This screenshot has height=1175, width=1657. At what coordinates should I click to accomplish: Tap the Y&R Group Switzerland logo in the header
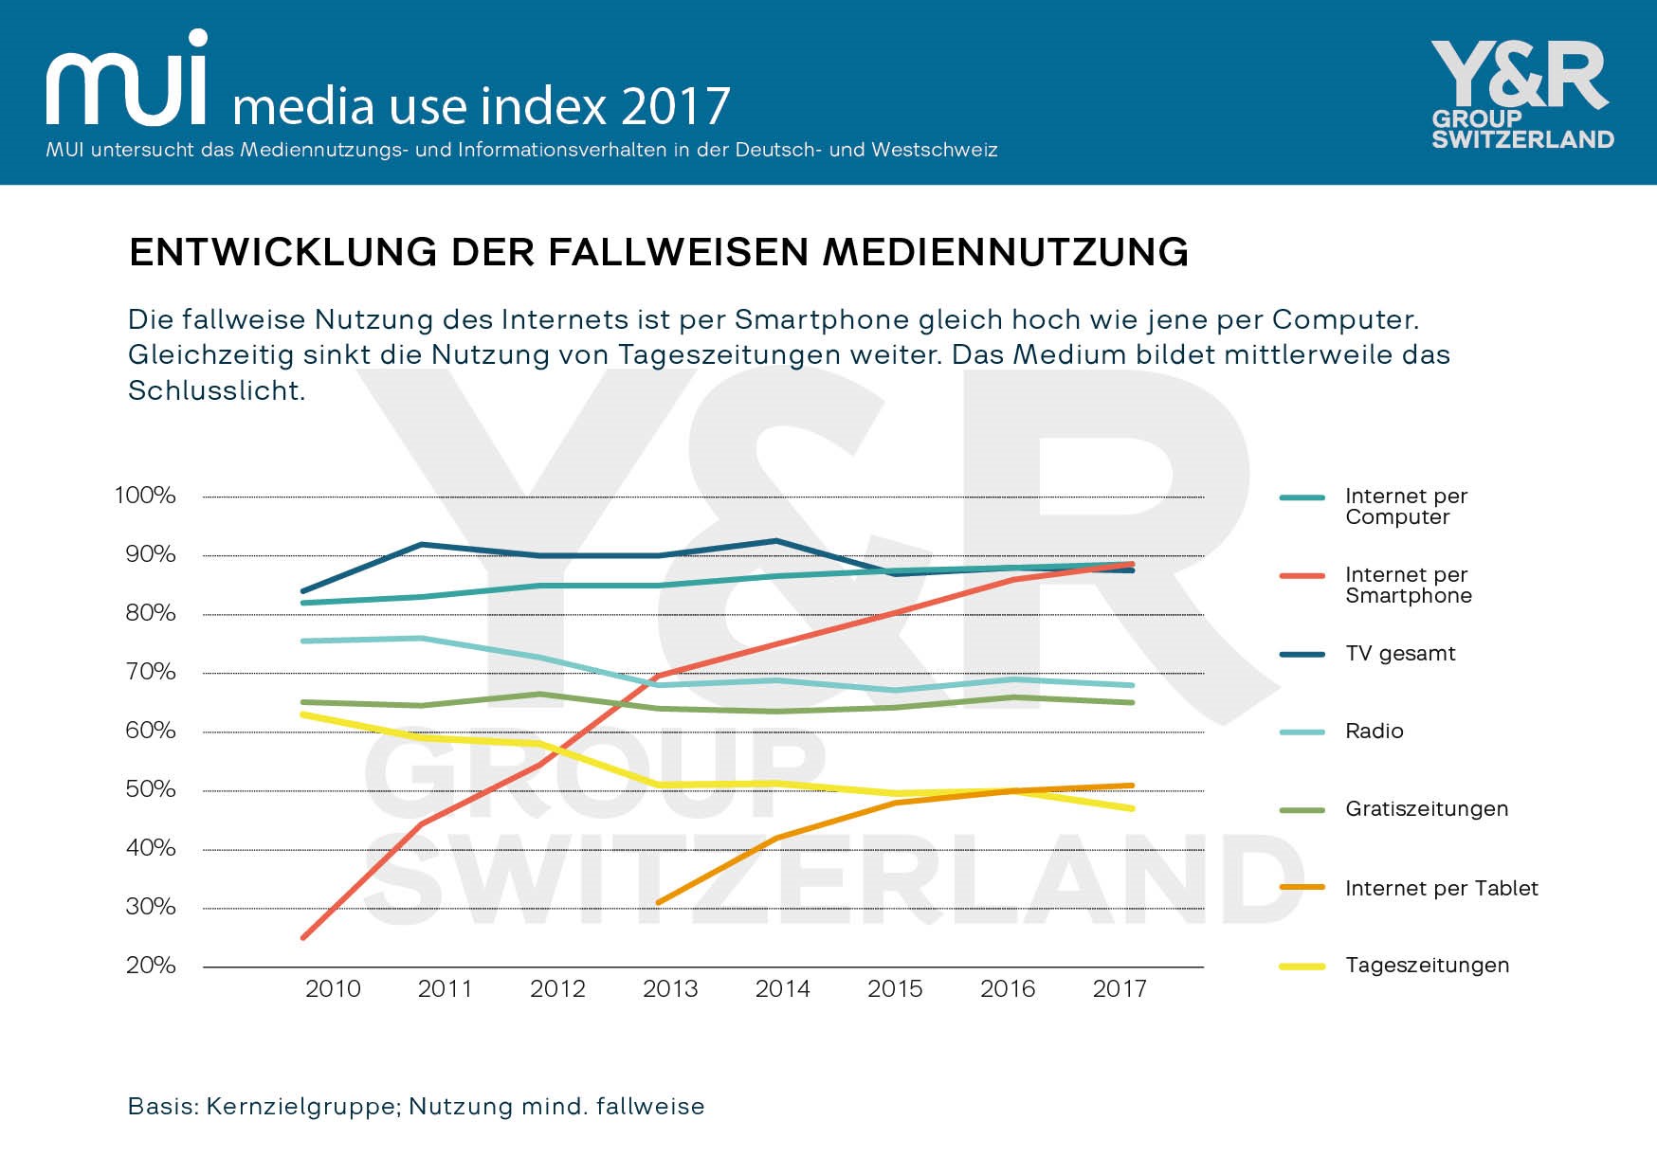click(x=1521, y=95)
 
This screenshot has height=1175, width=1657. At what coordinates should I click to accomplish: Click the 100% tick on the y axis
click(x=145, y=496)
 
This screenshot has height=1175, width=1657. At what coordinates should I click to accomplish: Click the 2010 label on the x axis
click(x=333, y=989)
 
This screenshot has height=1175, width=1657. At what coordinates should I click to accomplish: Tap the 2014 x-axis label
click(x=782, y=989)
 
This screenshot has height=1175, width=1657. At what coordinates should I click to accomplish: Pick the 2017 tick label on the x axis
click(x=1120, y=989)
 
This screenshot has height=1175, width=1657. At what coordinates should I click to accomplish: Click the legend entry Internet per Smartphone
click(x=1408, y=585)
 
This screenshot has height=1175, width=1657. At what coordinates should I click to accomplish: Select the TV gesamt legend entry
click(x=1400, y=653)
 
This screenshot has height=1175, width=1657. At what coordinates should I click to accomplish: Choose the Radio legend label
click(x=1374, y=731)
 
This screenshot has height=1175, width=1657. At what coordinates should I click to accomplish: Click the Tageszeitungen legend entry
click(x=1427, y=966)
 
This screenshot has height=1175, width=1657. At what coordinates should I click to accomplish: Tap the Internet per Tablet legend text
click(x=1441, y=888)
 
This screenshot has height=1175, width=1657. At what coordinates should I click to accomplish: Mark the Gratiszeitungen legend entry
click(x=1426, y=809)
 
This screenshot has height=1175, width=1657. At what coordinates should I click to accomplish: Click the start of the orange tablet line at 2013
click(x=658, y=902)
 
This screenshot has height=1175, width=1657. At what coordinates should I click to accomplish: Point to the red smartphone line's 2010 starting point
click(x=303, y=937)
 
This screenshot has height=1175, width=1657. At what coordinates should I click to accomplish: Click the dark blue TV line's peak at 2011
click(x=421, y=545)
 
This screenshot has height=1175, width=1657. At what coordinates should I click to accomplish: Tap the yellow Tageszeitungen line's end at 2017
click(x=1132, y=808)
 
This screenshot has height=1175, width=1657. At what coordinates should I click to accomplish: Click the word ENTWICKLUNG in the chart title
click(x=282, y=253)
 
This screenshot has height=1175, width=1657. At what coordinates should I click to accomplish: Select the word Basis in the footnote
click(x=161, y=1107)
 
